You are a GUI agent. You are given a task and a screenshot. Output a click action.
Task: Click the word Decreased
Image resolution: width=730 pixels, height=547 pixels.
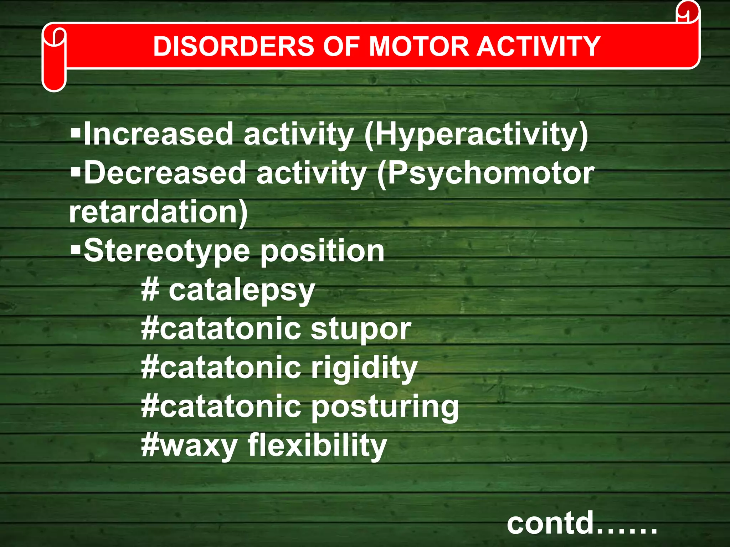click(x=165, y=173)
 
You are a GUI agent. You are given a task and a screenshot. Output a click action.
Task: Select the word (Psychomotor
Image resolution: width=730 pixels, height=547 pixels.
click(x=485, y=174)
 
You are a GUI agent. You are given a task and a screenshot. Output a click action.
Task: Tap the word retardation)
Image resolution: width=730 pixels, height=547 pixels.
click(x=158, y=212)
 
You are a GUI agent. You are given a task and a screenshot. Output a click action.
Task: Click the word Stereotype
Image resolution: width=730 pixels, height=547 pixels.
click(x=167, y=251)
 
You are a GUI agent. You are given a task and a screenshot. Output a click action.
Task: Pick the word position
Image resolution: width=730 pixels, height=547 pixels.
click(x=323, y=251)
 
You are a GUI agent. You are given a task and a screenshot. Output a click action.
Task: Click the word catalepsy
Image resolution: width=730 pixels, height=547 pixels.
click(x=242, y=291)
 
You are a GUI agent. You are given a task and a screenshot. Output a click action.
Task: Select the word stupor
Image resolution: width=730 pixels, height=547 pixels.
click(x=361, y=329)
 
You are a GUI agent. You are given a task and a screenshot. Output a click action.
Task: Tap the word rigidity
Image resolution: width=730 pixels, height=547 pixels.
click(x=364, y=368)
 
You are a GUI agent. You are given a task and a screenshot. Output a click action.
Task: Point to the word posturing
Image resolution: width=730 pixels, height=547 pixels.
click(x=385, y=407)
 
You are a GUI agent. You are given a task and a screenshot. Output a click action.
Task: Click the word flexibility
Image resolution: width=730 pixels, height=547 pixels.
click(x=317, y=445)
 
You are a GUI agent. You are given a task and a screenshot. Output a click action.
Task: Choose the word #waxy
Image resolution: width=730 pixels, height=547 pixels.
click(x=189, y=446)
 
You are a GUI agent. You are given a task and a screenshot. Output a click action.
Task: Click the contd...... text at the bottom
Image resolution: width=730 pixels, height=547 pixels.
click(x=582, y=523)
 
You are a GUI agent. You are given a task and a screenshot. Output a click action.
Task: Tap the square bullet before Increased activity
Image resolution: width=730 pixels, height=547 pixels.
click(x=76, y=134)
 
